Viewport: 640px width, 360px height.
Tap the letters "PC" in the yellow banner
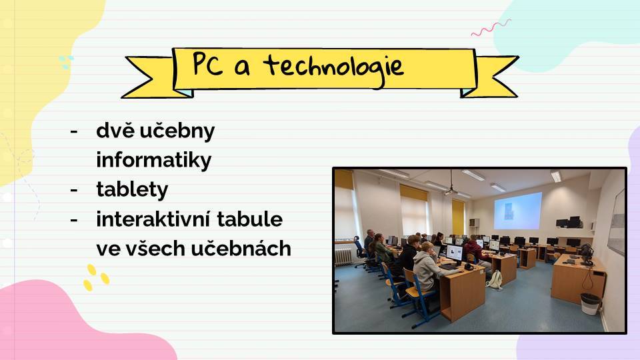click(x=208, y=64)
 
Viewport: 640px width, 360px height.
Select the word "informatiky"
click(x=154, y=159)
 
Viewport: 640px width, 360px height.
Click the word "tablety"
click(x=132, y=189)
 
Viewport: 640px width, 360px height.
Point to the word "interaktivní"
click(x=153, y=219)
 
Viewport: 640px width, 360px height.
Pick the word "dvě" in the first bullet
click(x=116, y=130)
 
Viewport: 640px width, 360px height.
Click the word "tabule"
click(x=250, y=219)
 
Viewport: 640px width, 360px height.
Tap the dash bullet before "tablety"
click(x=74, y=190)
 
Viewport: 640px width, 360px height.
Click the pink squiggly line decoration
click(x=491, y=28)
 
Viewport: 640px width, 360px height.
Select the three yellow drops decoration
click(x=96, y=277)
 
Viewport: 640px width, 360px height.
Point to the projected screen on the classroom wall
click(x=517, y=211)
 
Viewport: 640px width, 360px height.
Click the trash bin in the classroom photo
click(x=590, y=304)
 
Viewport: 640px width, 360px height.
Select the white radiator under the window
click(x=343, y=256)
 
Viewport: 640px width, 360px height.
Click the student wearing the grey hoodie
click(x=429, y=269)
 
